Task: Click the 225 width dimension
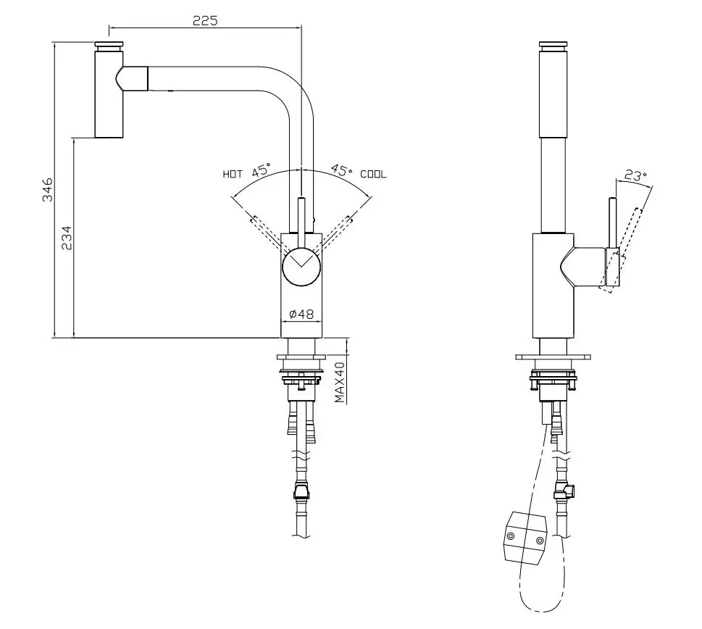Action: (x=205, y=20)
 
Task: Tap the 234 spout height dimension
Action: (x=67, y=238)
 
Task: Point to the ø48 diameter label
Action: (x=301, y=314)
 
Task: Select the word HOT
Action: (x=233, y=174)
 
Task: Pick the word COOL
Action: (x=373, y=174)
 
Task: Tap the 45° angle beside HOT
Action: (x=261, y=171)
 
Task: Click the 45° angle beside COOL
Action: (x=341, y=171)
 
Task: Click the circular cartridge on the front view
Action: (x=301, y=267)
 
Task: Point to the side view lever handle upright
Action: (x=612, y=222)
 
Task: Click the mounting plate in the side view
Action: (x=553, y=357)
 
